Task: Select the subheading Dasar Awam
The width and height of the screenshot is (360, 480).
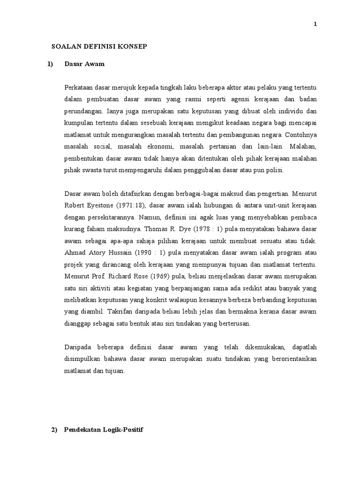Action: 84,64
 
